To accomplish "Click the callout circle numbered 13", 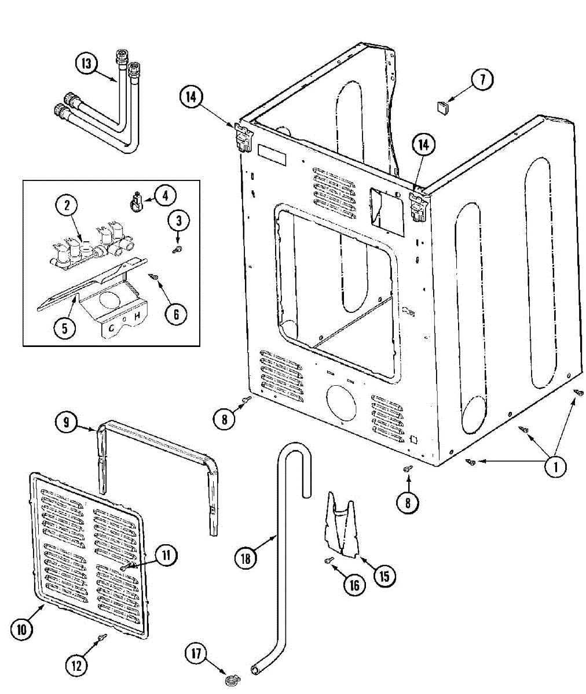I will click(86, 64).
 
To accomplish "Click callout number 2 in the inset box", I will click(67, 205).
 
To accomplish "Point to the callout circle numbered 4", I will click(165, 195).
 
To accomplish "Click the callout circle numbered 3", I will click(179, 220).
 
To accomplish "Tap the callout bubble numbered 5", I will click(64, 328).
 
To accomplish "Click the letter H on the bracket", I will click(137, 316).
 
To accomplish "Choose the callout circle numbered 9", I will click(67, 423).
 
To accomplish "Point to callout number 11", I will click(166, 556).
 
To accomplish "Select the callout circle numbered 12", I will click(76, 666).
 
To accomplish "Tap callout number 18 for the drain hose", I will click(246, 558).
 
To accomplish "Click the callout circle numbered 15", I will click(384, 575).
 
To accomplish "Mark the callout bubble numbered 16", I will click(354, 585).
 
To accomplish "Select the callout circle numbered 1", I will click(556, 466).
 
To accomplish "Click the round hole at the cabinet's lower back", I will click(342, 402).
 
